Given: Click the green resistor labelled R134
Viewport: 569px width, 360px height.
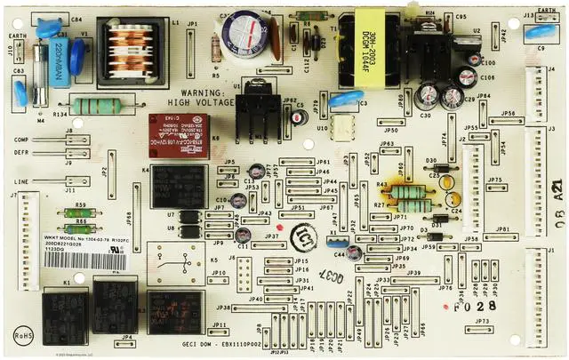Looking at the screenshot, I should [x=95, y=107].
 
